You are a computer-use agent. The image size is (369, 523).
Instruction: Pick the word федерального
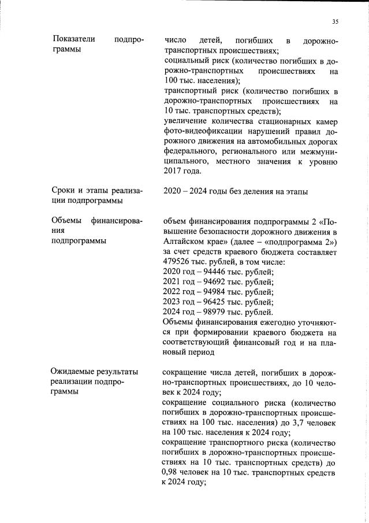pos(191,151)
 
